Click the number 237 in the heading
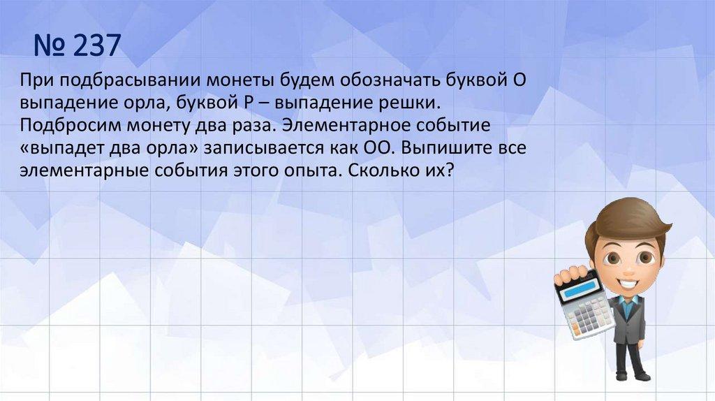click(x=96, y=45)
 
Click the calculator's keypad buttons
click(x=591, y=317)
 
